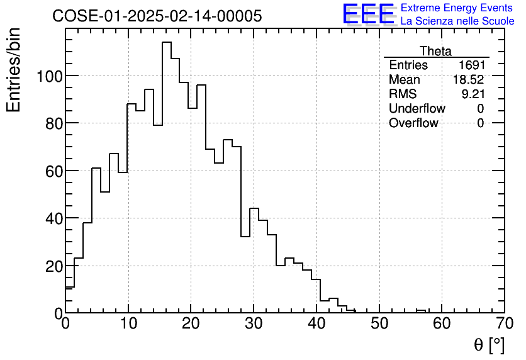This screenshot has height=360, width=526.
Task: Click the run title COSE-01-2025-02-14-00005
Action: (157, 16)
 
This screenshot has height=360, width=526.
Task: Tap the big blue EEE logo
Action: (368, 14)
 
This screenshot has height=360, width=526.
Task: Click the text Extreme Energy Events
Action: (457, 8)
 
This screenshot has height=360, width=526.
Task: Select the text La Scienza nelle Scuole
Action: (457, 21)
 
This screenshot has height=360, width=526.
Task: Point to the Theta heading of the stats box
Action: (435, 51)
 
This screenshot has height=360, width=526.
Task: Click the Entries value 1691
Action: (471, 65)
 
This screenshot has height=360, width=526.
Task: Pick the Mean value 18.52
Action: (469, 80)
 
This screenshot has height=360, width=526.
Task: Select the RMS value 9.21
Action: (473, 94)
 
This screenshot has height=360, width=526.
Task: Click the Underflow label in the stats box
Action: (417, 109)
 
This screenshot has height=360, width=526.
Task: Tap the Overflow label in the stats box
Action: (413, 123)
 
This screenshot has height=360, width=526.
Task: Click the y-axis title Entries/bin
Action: (14, 70)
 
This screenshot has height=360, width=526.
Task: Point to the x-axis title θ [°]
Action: (489, 345)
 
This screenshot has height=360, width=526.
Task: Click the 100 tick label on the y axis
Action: (48, 76)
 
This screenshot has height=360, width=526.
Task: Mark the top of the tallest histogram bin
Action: (167, 42)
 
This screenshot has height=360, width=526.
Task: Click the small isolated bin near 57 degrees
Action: (421, 310)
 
